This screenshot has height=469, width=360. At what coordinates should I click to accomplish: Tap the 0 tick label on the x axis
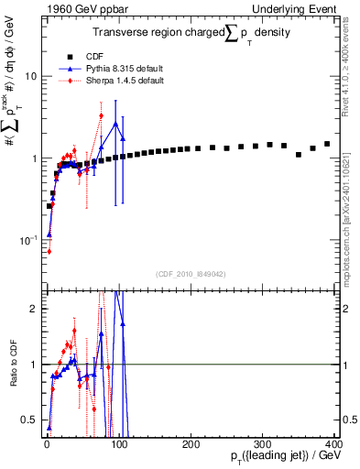click(x=46, y=443)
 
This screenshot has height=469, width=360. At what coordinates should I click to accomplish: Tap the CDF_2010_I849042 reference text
click(x=190, y=273)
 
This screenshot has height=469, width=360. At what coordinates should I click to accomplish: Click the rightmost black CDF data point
click(x=327, y=144)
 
